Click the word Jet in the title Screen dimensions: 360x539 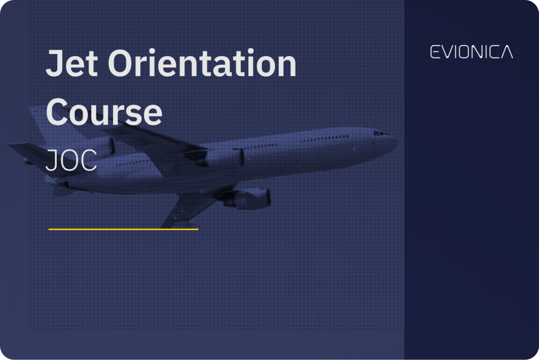click(x=71, y=64)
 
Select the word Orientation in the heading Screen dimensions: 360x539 click(x=202, y=64)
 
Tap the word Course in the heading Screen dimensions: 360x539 click(x=104, y=112)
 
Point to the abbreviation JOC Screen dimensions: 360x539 click(x=71, y=162)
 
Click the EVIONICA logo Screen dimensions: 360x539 click(x=471, y=52)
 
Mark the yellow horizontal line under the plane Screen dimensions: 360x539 click(x=123, y=229)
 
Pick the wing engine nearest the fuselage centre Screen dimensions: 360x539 click(x=222, y=158)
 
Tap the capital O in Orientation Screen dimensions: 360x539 click(x=123, y=64)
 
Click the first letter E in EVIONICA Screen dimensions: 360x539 click(x=434, y=52)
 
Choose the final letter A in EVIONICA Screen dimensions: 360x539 click(x=506, y=52)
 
